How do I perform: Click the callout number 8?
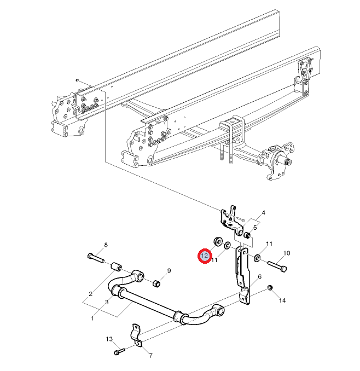point(106,245)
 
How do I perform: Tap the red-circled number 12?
point(205,256)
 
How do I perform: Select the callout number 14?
point(282,300)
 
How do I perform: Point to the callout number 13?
point(109,339)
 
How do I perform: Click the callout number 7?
point(150,356)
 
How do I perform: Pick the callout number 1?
point(92,318)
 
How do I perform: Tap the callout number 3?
point(107,302)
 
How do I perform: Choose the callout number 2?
point(91,294)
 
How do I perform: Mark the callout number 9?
point(169,270)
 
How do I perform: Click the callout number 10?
point(287,253)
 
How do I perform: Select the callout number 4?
point(263,213)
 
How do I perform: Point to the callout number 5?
point(255,228)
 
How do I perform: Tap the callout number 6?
point(259,276)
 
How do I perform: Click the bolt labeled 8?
point(96,258)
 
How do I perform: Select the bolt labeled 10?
point(277,266)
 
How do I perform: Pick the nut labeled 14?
point(269,288)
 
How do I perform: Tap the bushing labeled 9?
point(156,283)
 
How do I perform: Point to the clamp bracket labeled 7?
point(136,335)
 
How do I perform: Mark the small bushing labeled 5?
point(247,235)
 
